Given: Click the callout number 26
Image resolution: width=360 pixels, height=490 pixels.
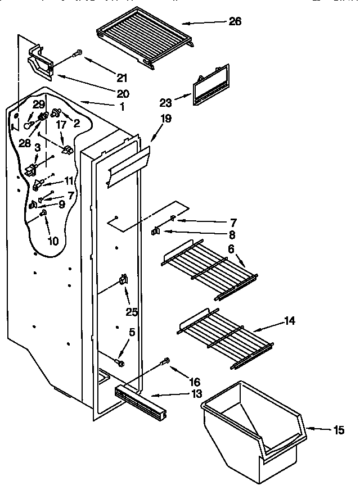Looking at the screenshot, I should pos(236,21).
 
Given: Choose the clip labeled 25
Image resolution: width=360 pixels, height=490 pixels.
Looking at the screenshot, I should pos(123,279).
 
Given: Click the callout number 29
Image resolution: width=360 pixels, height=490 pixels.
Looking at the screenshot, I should pos(38,105).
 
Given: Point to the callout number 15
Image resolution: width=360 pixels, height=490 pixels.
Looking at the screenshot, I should pos(339,430).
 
